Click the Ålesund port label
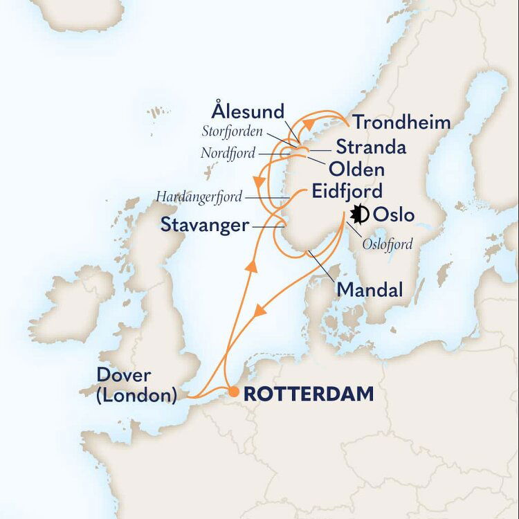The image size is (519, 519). point(248,111)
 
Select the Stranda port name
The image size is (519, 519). point(370,147)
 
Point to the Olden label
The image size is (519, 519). point(357,170)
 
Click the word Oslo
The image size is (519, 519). point(394,215)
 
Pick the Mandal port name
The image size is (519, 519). point(370,291)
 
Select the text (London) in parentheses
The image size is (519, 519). point(138,396)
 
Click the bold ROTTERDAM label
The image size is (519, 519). point(309,394)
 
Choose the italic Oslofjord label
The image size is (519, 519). point(388,244)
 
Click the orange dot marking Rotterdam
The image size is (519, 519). point(234,392)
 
